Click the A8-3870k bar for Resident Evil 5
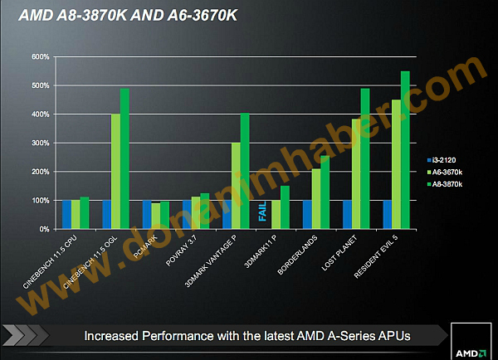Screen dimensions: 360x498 coord(405,150)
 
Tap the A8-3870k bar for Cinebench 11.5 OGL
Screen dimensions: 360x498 coord(124,158)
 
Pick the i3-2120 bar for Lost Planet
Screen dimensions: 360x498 coord(347,214)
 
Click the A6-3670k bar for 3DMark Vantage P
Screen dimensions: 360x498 coord(236,186)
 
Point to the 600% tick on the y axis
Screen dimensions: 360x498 coord(40,57)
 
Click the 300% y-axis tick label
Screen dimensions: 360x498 coord(40,143)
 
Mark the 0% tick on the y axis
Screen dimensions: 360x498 coord(44,228)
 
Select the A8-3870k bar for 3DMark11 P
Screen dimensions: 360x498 coord(285,207)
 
